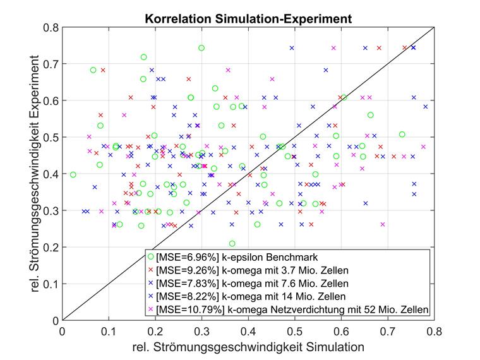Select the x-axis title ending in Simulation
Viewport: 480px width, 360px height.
tap(248, 347)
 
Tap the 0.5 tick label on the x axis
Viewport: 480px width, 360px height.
tap(294, 330)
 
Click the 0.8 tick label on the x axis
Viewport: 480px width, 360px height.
tap(434, 330)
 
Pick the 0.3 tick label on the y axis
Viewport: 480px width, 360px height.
tap(51, 210)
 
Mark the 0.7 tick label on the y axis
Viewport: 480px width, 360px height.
tap(51, 64)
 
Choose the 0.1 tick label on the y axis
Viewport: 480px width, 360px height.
tap(51, 284)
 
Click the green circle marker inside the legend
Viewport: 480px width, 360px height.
tap(150, 256)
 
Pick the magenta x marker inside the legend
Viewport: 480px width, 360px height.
tap(150, 309)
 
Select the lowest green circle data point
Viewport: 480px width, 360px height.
tap(232, 243)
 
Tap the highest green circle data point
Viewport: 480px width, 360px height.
tap(201, 48)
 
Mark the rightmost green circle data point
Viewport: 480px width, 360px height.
tap(402, 134)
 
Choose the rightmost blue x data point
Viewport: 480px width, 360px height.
tap(426, 107)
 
